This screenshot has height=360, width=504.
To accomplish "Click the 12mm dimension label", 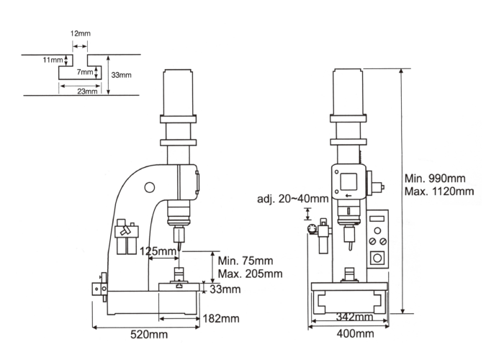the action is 81,33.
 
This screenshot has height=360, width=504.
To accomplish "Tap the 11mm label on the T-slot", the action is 53,60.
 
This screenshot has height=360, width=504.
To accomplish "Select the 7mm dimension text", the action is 85,72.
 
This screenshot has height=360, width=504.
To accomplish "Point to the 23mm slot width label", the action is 87,91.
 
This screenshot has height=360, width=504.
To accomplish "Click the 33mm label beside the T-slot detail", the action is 121,75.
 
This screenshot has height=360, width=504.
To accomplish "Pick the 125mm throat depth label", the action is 158,251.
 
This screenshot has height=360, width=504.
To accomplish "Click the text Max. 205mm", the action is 250,274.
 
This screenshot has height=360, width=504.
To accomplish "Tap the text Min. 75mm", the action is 246,261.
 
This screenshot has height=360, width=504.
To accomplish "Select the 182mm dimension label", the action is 221,318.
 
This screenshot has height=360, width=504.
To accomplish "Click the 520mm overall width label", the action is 149,334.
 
